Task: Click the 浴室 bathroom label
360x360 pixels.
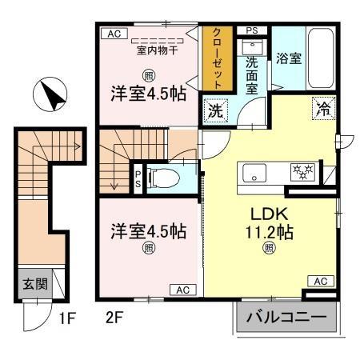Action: click(288, 58)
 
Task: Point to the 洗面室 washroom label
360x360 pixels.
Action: click(251, 71)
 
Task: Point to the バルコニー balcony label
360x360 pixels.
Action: click(286, 318)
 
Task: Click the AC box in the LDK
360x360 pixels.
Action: click(319, 281)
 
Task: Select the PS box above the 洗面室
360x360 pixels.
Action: click(252, 32)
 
